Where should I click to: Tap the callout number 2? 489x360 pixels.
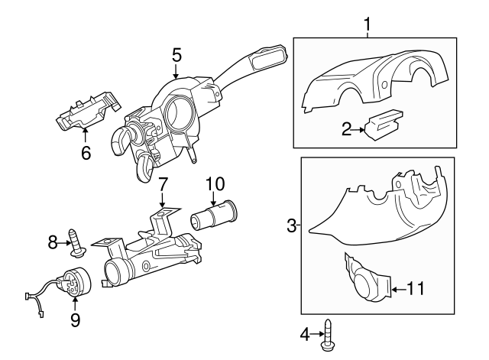pyautogui.click(x=347, y=129)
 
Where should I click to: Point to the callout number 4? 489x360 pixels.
pyautogui.click(x=304, y=333)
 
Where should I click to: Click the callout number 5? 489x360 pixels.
pyautogui.click(x=176, y=55)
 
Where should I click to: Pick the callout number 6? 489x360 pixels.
pyautogui.click(x=86, y=153)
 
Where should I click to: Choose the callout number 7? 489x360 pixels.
pyautogui.click(x=162, y=185)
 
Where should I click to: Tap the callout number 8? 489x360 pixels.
pyautogui.click(x=53, y=242)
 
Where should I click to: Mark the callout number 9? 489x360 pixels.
pyautogui.click(x=75, y=320)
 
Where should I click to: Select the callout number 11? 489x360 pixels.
pyautogui.click(x=415, y=288)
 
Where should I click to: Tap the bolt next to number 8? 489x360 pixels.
pyautogui.click(x=76, y=240)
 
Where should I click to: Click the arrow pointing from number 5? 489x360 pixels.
pyautogui.click(x=176, y=73)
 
